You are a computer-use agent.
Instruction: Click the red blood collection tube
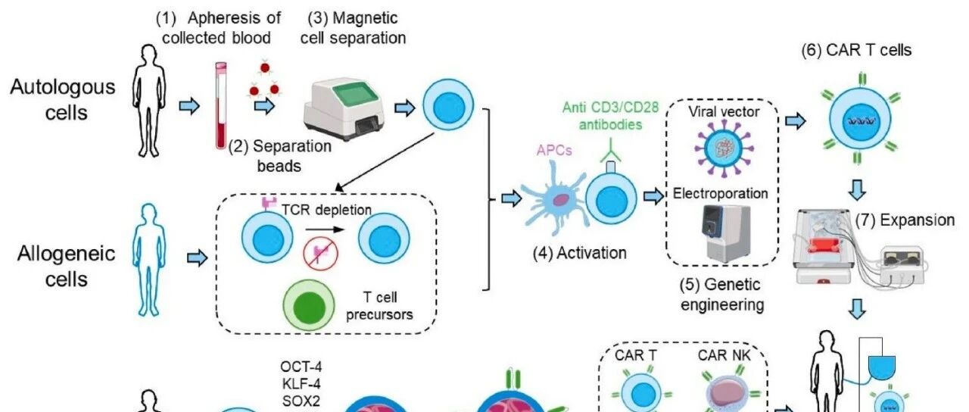point(221,106)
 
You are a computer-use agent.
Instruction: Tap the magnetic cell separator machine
point(344,110)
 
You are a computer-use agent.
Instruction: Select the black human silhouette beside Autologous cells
point(149,101)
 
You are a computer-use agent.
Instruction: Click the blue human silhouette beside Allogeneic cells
point(149,260)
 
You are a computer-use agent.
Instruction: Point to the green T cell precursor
point(309,307)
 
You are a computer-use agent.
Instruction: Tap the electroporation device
point(726,234)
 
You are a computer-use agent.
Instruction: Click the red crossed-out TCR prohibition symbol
point(320,254)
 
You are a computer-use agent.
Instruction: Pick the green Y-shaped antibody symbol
point(610,150)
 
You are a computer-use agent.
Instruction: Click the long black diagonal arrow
point(385,162)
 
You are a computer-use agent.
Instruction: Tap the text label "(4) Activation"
point(580,253)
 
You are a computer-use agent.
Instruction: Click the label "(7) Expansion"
point(905,220)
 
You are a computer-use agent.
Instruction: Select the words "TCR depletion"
point(326,210)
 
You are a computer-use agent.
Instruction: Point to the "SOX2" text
point(301,401)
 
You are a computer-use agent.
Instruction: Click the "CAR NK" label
point(724,355)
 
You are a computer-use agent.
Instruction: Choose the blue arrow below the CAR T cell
point(857,190)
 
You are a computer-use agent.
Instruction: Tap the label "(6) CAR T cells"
point(856,50)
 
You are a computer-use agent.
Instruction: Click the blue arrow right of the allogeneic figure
point(198,258)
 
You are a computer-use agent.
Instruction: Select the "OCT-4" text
point(301,367)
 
